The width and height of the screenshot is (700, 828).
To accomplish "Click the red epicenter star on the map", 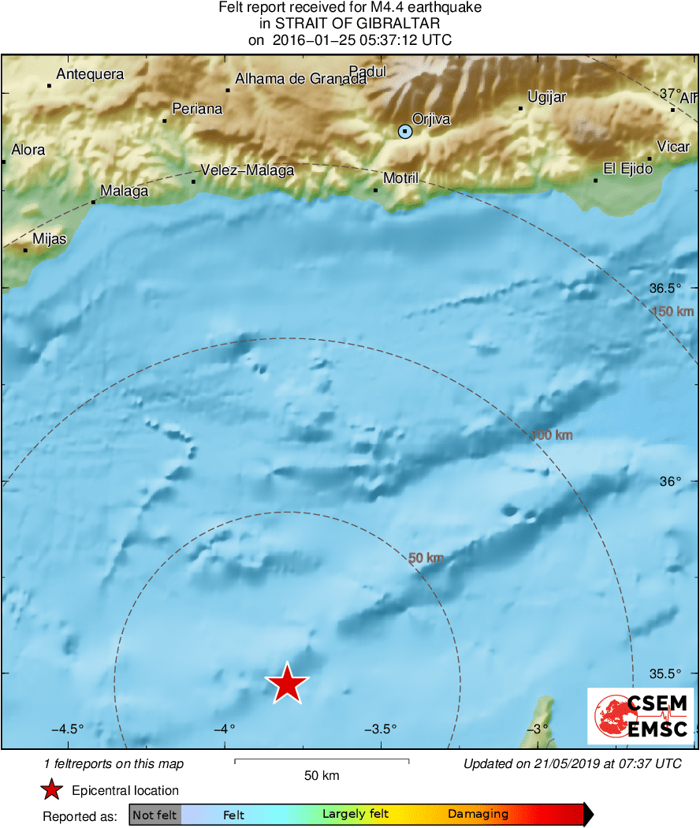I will pyautogui.click(x=288, y=684).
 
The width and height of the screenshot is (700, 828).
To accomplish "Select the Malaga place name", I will pyautogui.click(x=125, y=192).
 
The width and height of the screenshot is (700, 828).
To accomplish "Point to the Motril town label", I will pyautogui.click(x=400, y=178).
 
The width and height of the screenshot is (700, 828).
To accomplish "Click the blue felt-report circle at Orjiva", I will pyautogui.click(x=405, y=132).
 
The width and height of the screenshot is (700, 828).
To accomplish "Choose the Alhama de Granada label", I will pyautogui.click(x=301, y=79).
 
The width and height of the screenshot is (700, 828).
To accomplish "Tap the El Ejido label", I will pyautogui.click(x=628, y=169).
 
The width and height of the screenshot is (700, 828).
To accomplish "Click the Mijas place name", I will pyautogui.click(x=50, y=239).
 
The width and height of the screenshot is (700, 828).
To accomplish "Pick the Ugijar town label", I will pyautogui.click(x=547, y=97).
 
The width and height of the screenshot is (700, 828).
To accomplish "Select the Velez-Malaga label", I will pyautogui.click(x=248, y=170).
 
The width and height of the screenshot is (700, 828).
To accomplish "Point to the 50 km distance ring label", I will pyautogui.click(x=426, y=558).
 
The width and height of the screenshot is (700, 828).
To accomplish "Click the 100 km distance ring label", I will pyautogui.click(x=551, y=435).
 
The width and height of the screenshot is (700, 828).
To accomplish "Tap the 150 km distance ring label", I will pyautogui.click(x=672, y=311).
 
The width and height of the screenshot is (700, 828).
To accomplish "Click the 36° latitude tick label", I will pyautogui.click(x=670, y=481).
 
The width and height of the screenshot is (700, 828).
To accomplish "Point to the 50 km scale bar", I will pyautogui.click(x=322, y=762).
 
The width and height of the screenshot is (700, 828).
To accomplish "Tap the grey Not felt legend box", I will pyautogui.click(x=155, y=815).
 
